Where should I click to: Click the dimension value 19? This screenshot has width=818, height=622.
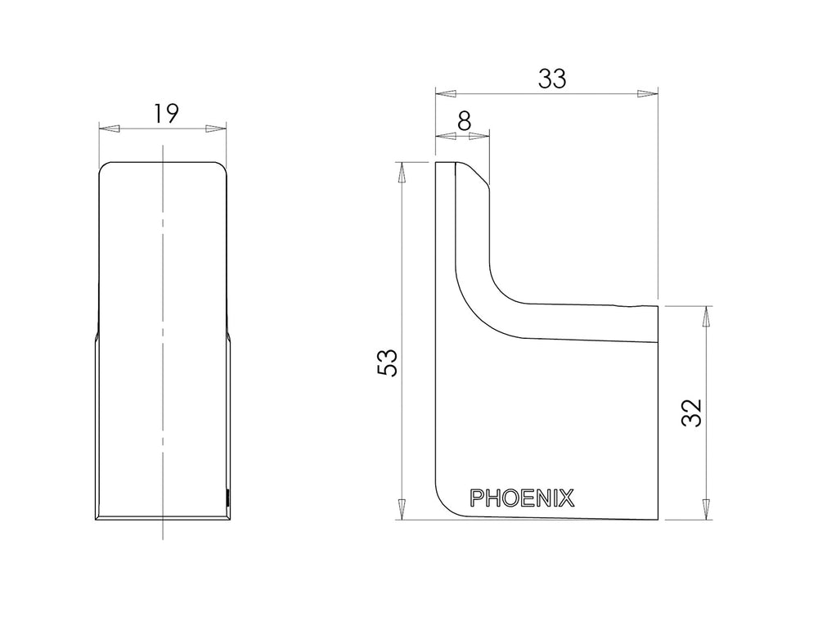tap(166, 114)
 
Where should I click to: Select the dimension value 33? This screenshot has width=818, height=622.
tap(552, 79)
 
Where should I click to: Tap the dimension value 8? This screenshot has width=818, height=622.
tap(464, 122)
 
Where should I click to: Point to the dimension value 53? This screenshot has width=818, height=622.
tap(388, 362)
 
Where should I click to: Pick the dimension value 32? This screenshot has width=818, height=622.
tap(692, 412)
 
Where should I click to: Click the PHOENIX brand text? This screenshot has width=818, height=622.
tap(522, 498)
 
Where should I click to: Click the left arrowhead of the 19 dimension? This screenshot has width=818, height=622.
tap(110, 128)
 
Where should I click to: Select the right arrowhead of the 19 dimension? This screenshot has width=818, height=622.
tap(216, 128)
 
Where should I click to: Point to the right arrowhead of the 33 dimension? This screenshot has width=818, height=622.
tap(647, 94)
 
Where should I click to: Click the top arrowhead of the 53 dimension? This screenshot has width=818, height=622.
tap(402, 173)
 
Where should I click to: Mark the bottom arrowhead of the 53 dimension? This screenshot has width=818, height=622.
tap(402, 509)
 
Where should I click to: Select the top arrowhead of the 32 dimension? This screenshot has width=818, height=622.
tap(707, 317)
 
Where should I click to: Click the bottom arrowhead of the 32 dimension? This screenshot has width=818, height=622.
tap(707, 509)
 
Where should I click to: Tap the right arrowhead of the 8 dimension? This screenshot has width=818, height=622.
tap(479, 136)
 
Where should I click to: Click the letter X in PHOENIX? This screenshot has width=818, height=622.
tap(568, 498)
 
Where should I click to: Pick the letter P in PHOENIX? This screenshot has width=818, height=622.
tap(476, 498)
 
